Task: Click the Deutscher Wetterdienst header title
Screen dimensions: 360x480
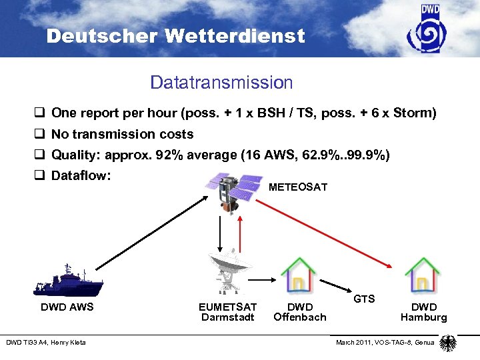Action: coord(175,36)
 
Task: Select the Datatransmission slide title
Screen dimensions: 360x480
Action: coord(221,83)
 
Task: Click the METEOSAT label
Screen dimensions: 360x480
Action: coord(297,187)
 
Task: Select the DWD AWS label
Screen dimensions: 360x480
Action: coord(67,307)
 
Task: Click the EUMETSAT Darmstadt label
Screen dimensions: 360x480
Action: coord(227,312)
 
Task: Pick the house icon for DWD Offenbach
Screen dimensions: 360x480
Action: coord(299,274)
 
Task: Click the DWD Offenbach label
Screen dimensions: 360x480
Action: coord(299,312)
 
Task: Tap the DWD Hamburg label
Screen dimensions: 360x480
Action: coord(423,312)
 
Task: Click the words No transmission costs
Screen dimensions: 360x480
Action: coord(122,134)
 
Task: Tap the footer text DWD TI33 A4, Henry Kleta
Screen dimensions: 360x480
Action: coord(46,343)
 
